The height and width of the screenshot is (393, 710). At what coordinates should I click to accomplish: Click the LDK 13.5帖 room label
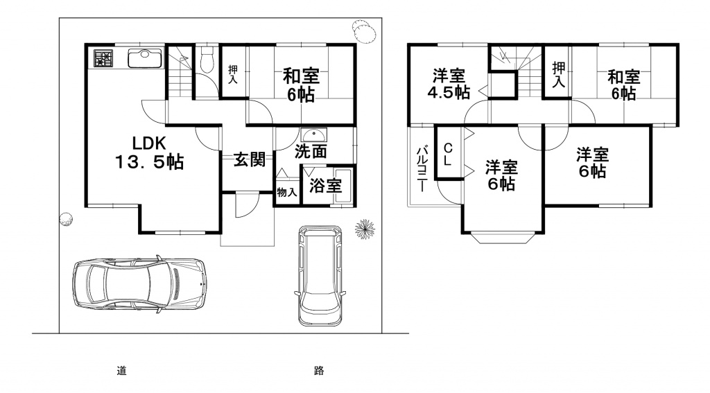coord(149,152)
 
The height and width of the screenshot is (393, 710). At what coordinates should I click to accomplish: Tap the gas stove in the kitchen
coord(103,58)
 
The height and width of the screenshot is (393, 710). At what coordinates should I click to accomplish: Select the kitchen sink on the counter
coord(144,58)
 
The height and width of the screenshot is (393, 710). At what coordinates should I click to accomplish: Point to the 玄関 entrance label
coord(250,159)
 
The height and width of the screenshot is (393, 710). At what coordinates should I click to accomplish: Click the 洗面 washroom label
coord(311,152)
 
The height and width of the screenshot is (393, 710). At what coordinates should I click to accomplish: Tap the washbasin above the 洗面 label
coord(313,134)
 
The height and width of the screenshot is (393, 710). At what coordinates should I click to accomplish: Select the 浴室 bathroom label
coord(325,186)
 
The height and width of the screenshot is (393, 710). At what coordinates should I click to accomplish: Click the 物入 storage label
coord(286,193)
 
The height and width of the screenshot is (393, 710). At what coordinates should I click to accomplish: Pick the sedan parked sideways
coord(139,284)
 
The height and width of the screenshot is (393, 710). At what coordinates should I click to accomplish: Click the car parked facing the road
coord(320,275)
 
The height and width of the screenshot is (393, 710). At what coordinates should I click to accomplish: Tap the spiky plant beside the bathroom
coord(365,229)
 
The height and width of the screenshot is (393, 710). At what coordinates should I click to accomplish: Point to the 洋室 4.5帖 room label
coord(449,84)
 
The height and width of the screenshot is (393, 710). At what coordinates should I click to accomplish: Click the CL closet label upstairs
coord(448,155)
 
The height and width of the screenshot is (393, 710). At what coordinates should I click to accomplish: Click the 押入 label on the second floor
coord(559,75)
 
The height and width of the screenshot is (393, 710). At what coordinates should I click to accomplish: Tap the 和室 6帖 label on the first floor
coord(301,85)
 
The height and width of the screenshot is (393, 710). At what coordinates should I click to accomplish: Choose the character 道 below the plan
coord(121,371)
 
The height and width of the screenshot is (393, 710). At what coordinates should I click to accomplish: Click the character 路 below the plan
coord(319,371)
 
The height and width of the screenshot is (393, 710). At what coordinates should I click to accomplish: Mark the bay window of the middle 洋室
coord(502,238)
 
